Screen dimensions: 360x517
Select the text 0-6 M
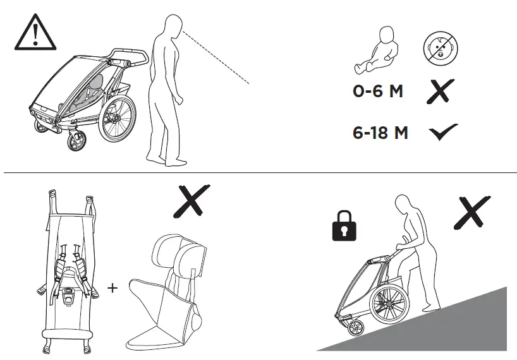tap(377, 92)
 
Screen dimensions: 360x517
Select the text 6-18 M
tap(380, 133)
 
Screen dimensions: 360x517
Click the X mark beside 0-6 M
tap(441, 92)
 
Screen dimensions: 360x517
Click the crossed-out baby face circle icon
tap(441, 47)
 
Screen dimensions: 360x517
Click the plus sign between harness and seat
tap(113, 288)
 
